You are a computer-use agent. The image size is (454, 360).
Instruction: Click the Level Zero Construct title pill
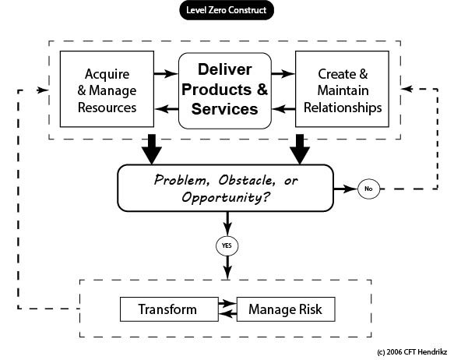click(x=227, y=10)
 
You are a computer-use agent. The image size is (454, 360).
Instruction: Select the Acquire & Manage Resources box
click(x=107, y=89)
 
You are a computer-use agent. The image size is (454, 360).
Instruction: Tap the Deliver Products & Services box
click(x=225, y=90)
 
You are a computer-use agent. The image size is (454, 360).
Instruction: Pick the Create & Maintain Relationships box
click(x=342, y=89)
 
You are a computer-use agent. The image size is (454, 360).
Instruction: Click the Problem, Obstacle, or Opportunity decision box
click(x=226, y=188)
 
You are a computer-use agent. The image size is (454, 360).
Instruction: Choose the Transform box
click(x=169, y=309)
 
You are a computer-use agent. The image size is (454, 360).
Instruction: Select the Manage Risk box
click(x=286, y=309)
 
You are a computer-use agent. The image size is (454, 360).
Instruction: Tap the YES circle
click(x=227, y=245)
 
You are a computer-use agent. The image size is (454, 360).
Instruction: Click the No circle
click(x=368, y=189)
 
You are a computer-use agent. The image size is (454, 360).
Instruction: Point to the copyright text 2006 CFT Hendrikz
click(x=412, y=352)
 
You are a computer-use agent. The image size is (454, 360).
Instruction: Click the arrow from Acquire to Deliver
click(x=166, y=73)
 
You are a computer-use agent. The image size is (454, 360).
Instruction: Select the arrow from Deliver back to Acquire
click(x=167, y=109)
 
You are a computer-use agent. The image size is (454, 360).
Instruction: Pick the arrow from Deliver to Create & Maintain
click(x=283, y=73)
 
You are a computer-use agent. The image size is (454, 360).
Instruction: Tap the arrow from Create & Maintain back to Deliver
click(x=283, y=109)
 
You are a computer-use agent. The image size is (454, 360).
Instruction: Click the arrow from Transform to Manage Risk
click(x=227, y=303)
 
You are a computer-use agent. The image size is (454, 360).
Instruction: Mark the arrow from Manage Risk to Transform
click(x=228, y=314)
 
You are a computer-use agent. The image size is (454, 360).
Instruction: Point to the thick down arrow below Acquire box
click(x=152, y=149)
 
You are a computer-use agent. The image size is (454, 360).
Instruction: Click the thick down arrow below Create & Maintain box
click(x=300, y=149)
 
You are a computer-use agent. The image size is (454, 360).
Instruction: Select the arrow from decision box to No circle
click(x=346, y=189)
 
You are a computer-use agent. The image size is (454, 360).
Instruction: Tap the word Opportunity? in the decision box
click(x=226, y=197)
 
